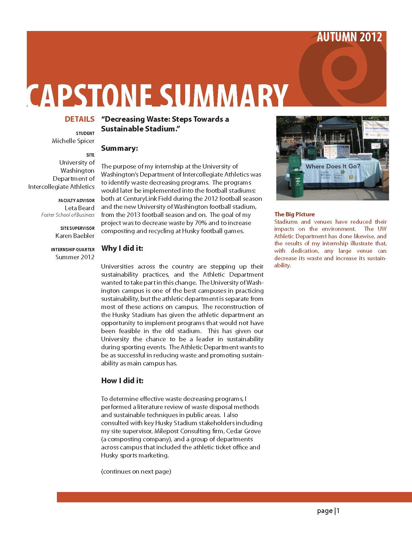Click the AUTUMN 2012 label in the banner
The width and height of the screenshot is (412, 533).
(x=349, y=37)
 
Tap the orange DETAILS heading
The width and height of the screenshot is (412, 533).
(x=79, y=119)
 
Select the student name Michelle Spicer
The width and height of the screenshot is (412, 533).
(x=73, y=141)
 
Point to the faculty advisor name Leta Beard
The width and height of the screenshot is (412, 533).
(x=79, y=208)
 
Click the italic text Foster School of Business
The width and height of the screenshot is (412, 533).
(x=68, y=215)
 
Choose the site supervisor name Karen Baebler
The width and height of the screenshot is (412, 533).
(x=75, y=236)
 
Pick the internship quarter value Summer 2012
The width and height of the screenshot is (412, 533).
(x=75, y=257)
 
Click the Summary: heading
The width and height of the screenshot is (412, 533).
(x=120, y=149)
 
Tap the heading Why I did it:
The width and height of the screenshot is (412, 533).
(x=122, y=249)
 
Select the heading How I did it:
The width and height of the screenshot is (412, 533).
(x=122, y=381)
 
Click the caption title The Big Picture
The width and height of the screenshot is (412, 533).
(x=294, y=214)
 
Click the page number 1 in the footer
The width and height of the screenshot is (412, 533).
(x=338, y=511)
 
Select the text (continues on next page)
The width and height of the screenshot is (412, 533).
(x=136, y=471)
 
